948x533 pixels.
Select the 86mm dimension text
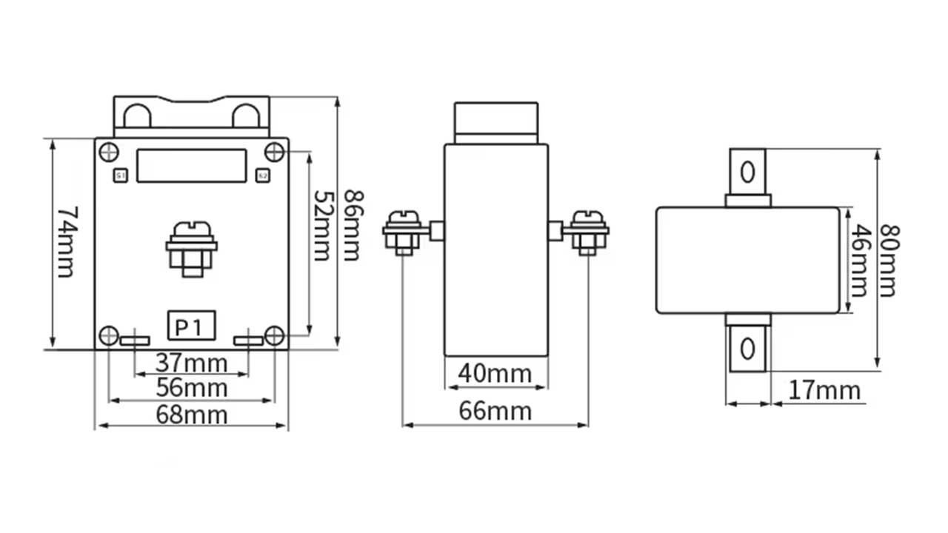[353, 226]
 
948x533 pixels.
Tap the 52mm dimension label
[321, 226]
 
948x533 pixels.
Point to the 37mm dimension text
[193, 363]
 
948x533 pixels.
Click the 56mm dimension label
[193, 387]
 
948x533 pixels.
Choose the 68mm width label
[193, 415]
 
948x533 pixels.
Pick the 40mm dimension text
[495, 373]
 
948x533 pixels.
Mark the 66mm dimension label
[495, 411]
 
